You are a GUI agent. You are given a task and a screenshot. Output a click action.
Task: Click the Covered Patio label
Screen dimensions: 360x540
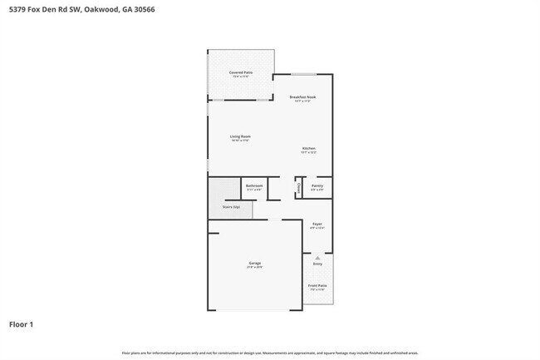point(241,72)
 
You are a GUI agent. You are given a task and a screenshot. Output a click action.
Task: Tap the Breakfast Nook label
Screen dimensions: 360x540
point(302,96)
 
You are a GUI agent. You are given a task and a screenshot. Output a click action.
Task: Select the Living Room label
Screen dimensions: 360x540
point(240,136)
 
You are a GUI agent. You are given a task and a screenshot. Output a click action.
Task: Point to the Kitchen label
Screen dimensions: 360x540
point(309,148)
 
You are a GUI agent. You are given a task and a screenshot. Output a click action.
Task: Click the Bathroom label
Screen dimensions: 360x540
point(254,185)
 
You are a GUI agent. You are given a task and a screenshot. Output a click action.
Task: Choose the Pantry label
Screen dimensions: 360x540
point(317,185)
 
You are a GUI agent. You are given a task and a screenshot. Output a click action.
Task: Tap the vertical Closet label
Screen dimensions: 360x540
point(299,188)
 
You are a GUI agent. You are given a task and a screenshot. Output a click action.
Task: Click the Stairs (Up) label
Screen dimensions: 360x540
point(231,206)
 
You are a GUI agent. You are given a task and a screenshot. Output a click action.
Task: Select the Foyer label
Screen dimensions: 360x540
point(317,224)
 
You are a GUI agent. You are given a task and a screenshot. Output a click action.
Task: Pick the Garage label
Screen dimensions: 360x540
point(254,263)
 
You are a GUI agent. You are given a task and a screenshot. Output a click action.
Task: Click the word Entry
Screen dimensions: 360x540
point(317,264)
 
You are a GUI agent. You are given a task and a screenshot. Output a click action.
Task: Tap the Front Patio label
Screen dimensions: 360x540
point(317,286)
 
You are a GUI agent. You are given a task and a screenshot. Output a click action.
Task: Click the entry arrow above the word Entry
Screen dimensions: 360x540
point(317,257)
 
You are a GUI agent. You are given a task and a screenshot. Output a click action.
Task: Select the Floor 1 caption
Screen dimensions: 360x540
point(22,323)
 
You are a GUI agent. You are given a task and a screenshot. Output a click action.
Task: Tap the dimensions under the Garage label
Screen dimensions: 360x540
point(254,267)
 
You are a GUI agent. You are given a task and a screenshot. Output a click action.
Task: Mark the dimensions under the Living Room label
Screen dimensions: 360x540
point(240,141)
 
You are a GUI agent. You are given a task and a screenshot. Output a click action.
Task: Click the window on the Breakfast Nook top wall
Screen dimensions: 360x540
point(302,75)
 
